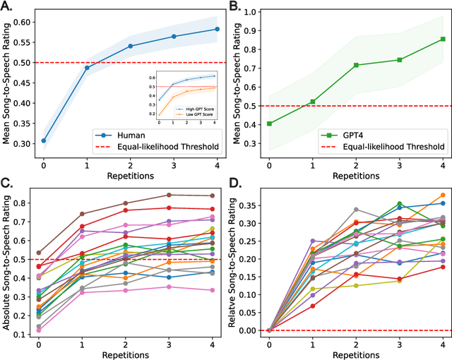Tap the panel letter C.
tap(8, 186)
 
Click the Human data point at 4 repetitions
tap(217, 29)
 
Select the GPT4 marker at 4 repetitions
tap(442, 39)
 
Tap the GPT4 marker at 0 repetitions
tap(269, 124)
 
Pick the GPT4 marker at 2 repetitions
tap(355, 65)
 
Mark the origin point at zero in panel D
tap(269, 330)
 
